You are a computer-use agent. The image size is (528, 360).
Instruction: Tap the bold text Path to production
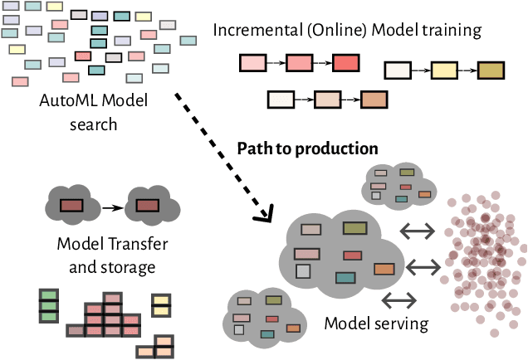point(307,148)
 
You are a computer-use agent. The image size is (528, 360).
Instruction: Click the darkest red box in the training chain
point(345,63)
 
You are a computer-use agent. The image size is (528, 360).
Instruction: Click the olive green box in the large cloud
point(355,227)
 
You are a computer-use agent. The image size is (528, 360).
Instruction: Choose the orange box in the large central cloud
point(384,269)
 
